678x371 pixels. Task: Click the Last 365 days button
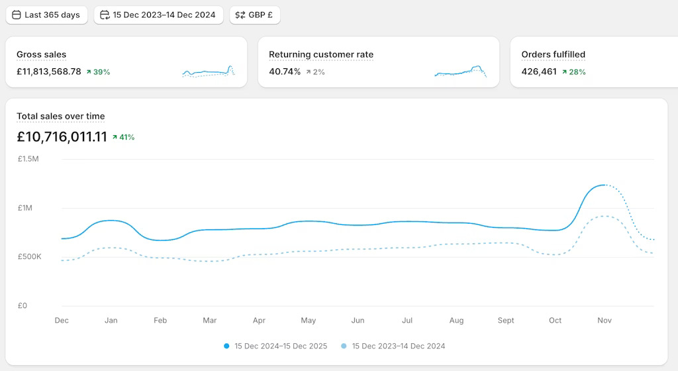pos(46,15)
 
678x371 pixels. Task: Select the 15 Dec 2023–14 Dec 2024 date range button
pos(158,15)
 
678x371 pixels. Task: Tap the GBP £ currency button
pos(255,15)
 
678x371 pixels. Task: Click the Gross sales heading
pos(41,54)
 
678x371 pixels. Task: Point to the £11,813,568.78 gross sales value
pos(49,72)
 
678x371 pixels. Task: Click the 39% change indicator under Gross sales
pos(98,72)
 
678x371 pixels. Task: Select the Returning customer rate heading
pos(321,54)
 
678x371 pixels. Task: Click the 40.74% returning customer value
pos(285,72)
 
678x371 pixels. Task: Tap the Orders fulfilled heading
pos(554,54)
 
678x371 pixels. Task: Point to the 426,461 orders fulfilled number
pos(539,72)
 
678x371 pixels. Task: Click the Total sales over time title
pos(60,116)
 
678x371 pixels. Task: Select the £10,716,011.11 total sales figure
pos(62,137)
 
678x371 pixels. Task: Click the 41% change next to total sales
pos(124,137)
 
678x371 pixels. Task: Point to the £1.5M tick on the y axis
pos(28,159)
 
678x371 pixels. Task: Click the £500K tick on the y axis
pos(29,256)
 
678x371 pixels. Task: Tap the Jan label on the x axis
pos(111,321)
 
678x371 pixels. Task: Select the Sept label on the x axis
pos(506,321)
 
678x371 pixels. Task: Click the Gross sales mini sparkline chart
pos(209,71)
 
